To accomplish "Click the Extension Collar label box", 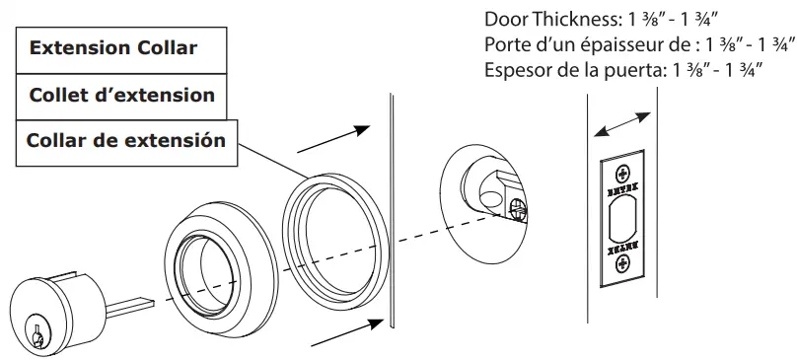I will [122, 48].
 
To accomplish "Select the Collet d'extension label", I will [122, 96].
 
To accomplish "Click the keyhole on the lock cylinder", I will [36, 333].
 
